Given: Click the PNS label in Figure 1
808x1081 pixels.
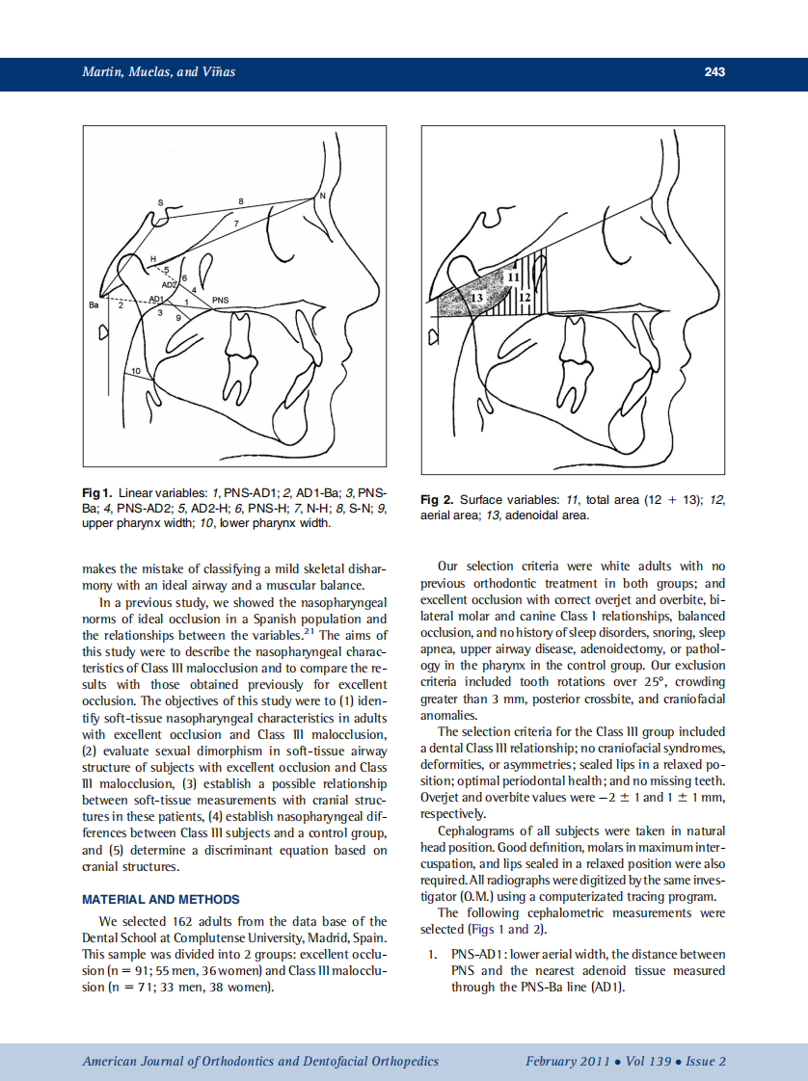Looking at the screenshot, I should point(220,300).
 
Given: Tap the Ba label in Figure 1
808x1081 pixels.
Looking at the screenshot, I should point(94,305).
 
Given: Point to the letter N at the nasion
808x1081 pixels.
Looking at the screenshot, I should point(322,196).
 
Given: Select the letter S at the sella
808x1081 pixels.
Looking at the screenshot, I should point(161,202).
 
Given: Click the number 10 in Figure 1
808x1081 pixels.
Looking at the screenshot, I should point(136,370).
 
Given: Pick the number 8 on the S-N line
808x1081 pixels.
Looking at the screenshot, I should point(241,199).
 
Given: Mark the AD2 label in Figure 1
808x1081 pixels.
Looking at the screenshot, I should point(169,285).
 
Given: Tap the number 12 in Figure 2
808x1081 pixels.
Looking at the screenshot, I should point(525,299).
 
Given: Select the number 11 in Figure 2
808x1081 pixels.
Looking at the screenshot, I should point(514,277).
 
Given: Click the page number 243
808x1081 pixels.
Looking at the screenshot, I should point(714,72).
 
